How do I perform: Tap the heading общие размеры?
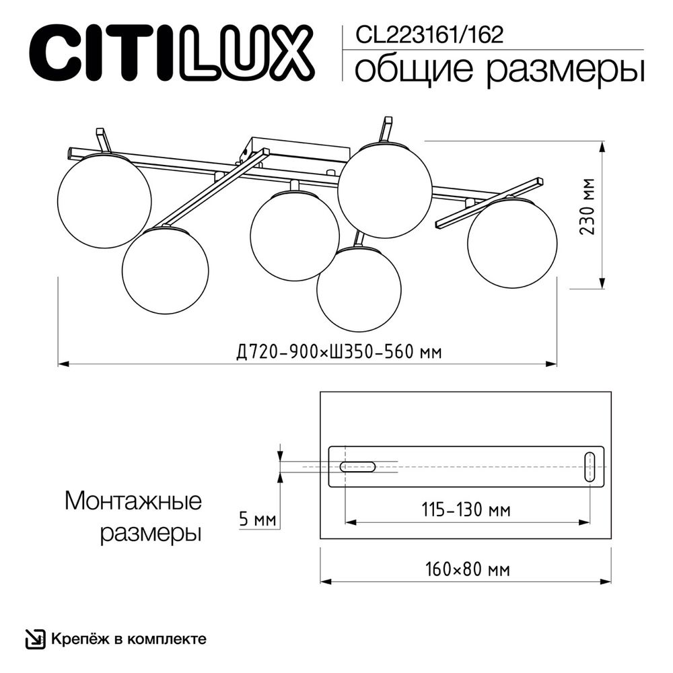(x=499, y=69)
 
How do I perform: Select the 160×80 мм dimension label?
(x=467, y=569)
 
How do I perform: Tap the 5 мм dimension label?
(x=258, y=519)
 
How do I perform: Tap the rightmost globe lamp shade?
(x=512, y=243)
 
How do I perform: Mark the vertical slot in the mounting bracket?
(x=590, y=466)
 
